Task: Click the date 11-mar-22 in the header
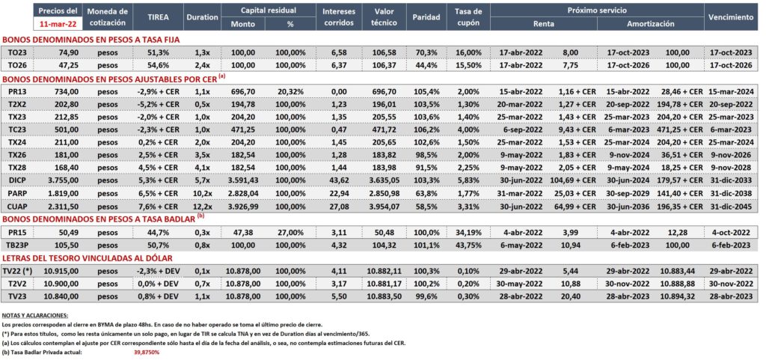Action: [x=57, y=23]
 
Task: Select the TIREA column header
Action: [x=158, y=16]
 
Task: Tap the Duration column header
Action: [x=202, y=16]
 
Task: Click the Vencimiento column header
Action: [x=731, y=16]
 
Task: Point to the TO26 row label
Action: [x=18, y=64]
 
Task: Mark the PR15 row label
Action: [x=18, y=233]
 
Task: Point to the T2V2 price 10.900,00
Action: [x=61, y=284]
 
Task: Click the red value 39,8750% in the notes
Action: [x=147, y=352]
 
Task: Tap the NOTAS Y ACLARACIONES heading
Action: [x=35, y=315]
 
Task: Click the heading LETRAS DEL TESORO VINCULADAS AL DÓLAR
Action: [x=88, y=258]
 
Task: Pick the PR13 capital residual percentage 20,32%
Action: [x=291, y=92]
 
